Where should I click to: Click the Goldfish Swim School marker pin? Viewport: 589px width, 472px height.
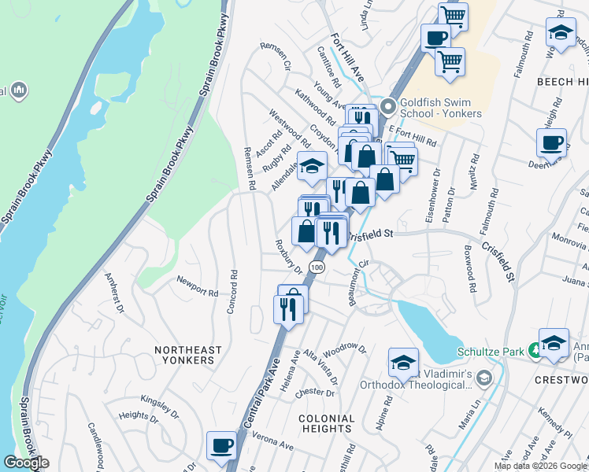(387, 106)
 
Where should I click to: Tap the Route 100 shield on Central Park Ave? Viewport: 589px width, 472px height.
(317, 267)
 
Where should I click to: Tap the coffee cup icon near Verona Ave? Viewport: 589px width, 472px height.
(220, 445)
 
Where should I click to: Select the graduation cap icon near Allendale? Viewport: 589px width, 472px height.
(312, 166)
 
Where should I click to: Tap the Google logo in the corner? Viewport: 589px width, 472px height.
(26, 463)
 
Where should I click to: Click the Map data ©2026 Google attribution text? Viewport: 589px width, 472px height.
(540, 466)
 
